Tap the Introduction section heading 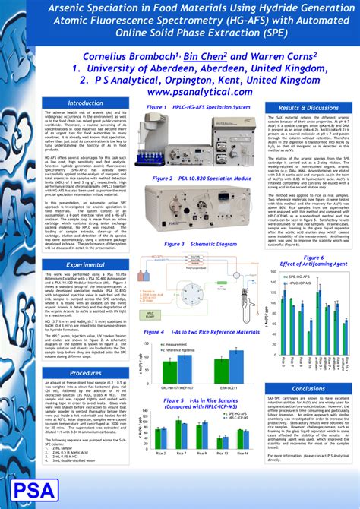[85, 103]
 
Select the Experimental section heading [85, 264]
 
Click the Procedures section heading [85, 373]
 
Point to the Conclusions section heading [308, 388]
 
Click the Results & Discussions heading [308, 109]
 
